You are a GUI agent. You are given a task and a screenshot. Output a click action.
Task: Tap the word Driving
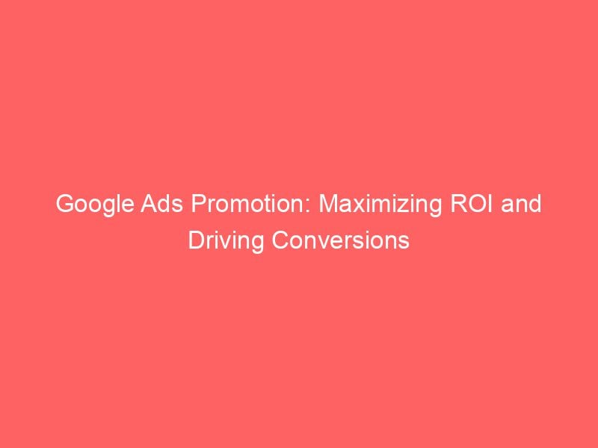[221, 241]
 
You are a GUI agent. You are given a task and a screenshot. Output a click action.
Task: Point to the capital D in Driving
[196, 241]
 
